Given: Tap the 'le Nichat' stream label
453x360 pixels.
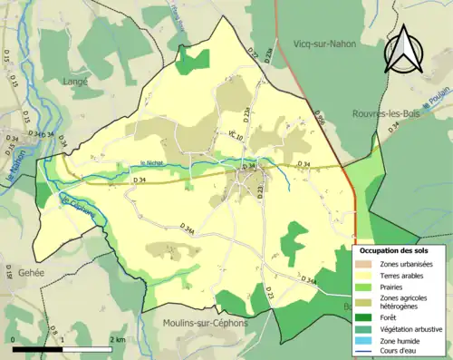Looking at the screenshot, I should pyautogui.click(x=151, y=163).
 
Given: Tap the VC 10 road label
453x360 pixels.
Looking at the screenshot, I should pyautogui.click(x=236, y=135).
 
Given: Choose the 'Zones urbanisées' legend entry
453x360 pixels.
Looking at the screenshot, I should pyautogui.click(x=406, y=264).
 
